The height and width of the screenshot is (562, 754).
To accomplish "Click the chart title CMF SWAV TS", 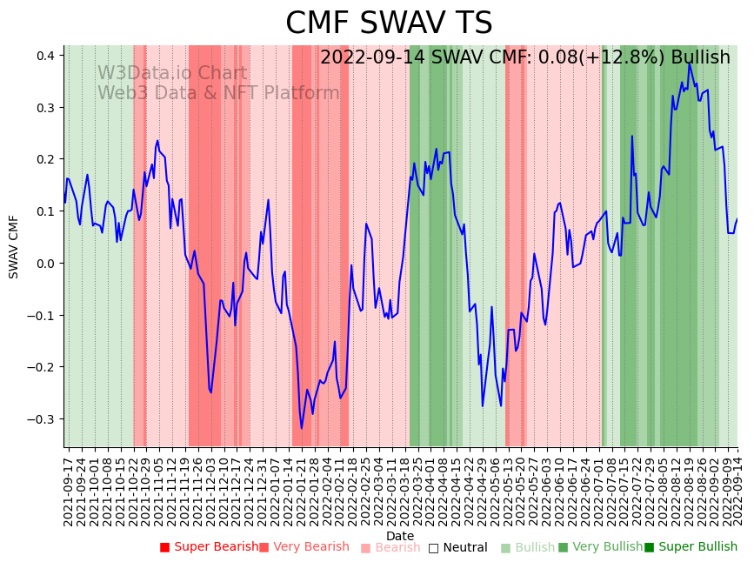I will point(389,23).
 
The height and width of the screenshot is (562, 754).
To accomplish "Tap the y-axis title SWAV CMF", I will point(14,246).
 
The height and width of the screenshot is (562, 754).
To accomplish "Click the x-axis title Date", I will point(400,536).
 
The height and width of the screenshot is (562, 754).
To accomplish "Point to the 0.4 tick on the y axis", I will point(45,56).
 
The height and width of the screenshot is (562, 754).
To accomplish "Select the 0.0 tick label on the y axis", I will point(45,264).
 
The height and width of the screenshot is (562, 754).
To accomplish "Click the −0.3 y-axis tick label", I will point(42,419).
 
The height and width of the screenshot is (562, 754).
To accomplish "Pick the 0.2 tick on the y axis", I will point(45,159).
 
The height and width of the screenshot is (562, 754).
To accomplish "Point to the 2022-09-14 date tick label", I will point(737,487).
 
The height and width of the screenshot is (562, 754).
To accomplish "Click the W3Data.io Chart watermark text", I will point(171,73).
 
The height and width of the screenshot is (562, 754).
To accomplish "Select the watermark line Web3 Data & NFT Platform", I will point(218,93).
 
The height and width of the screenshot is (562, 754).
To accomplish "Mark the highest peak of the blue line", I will point(689,63).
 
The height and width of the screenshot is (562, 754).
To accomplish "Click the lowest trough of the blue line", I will point(302,428).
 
